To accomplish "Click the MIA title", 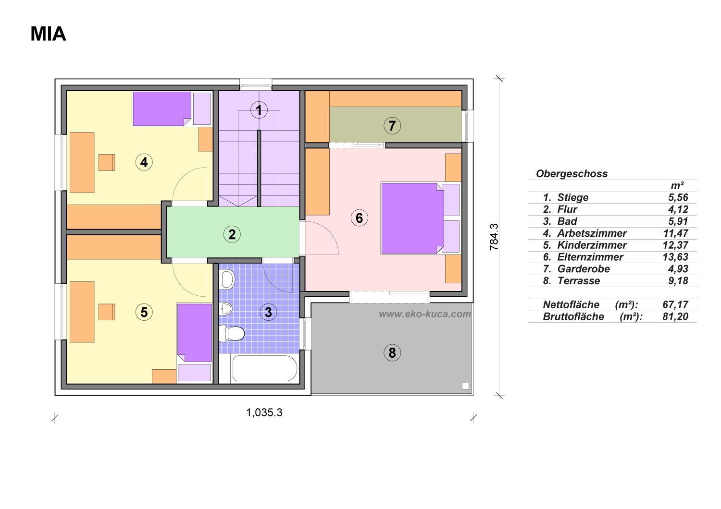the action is [x=48, y=34].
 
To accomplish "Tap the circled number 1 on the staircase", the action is [x=259, y=110].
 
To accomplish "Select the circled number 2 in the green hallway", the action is [x=232, y=234].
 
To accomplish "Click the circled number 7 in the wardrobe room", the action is [x=392, y=125].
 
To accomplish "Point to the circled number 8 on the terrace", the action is [x=392, y=353].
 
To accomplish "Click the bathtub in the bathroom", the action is [x=264, y=368].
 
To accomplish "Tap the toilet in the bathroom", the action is [x=231, y=333].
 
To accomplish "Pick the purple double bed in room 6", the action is [x=412, y=218].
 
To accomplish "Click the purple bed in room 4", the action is [x=162, y=109].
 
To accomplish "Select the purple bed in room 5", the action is [x=194, y=333].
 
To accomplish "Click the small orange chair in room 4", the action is [x=107, y=162].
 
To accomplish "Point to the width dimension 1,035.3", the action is [x=264, y=412].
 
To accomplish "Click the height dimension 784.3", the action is [x=494, y=237].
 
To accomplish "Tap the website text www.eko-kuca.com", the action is [x=424, y=314].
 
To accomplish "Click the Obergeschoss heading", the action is [x=572, y=174].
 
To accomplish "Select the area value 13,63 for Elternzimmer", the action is [x=675, y=257].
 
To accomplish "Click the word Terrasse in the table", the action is [x=578, y=281].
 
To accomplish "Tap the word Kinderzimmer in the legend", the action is [x=592, y=245].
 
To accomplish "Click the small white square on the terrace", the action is [x=465, y=386].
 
